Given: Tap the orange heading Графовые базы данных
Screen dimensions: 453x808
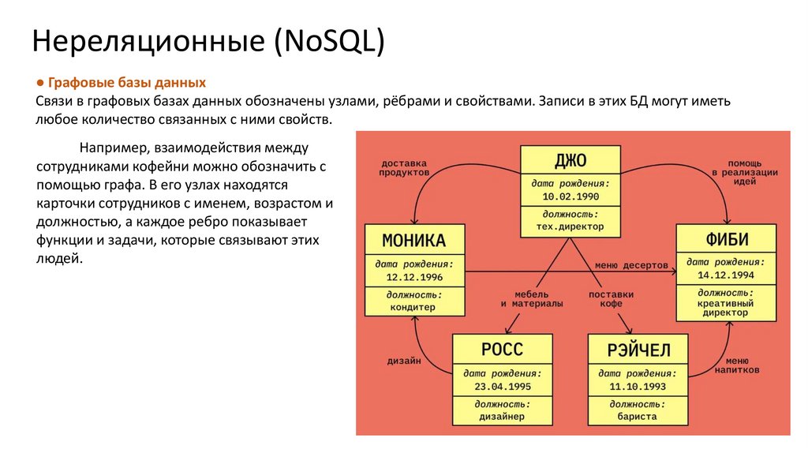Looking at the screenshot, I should (127, 83).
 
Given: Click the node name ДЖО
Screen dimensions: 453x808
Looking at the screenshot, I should (570, 160).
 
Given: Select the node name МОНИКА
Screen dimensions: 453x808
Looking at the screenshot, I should (414, 240).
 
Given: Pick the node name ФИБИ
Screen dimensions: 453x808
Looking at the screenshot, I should (727, 239).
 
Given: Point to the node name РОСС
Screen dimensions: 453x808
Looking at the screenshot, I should (502, 349).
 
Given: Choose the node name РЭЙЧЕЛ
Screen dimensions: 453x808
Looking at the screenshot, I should (638, 349).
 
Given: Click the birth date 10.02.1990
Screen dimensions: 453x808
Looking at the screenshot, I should (570, 195).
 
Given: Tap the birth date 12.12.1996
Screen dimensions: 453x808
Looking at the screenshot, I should (414, 277).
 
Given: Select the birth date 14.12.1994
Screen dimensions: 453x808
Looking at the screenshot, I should (726, 275).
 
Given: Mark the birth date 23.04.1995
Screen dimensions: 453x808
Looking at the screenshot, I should (502, 386).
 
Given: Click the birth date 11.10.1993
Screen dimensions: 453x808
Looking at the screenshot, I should (638, 386).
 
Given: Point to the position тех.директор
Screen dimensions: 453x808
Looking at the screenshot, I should (570, 226).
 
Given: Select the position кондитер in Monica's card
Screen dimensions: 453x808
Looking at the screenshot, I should (414, 308).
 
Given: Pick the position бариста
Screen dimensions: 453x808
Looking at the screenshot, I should (638, 416).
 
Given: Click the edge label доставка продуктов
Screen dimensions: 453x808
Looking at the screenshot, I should (403, 167).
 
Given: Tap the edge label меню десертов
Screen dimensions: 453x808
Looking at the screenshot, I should (631, 264).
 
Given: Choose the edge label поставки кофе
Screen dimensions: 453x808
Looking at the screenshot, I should (611, 298).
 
